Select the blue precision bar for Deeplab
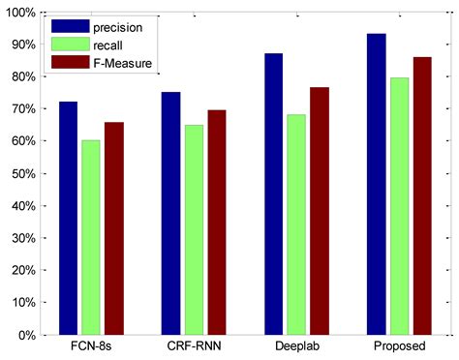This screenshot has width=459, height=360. click(x=273, y=194)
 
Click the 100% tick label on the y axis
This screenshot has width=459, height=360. click(x=22, y=13)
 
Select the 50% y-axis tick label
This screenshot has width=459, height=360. click(x=25, y=173)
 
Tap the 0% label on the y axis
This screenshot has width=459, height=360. click(x=29, y=335)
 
